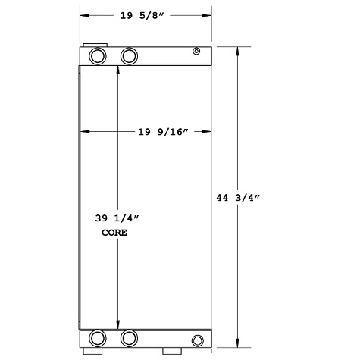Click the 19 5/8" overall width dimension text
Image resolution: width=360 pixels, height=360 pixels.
tap(146, 14)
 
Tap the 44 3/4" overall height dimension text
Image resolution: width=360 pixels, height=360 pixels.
tap(240, 199)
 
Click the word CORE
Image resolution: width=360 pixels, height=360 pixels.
tap(114, 233)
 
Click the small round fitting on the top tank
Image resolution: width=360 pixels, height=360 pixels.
tap(196, 52)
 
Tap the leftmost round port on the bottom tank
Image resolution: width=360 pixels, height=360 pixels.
tap(98, 338)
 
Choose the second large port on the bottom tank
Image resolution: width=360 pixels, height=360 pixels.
tap(129, 338)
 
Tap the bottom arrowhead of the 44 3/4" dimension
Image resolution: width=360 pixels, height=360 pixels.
tap(239, 343)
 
